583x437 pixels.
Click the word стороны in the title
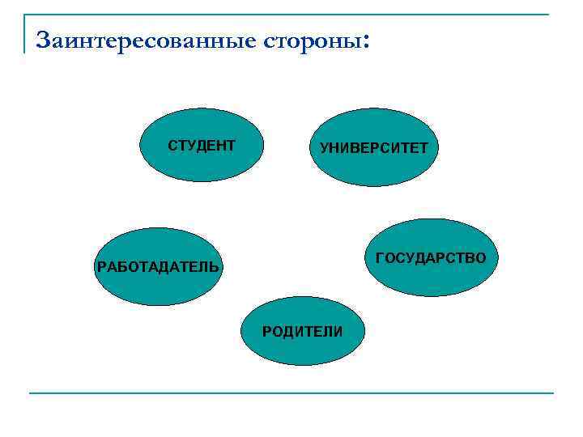[312, 40]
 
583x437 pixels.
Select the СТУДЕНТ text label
[202, 146]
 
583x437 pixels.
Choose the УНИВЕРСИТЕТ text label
[374, 149]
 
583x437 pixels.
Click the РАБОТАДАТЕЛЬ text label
[157, 266]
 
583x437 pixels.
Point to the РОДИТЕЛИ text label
[302, 332]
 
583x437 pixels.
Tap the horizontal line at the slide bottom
[291, 393]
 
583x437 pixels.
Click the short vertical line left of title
[25, 33]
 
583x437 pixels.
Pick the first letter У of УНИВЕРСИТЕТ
[325, 149]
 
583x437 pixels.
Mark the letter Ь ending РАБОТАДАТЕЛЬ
[214, 266]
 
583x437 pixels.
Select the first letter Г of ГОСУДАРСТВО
[381, 257]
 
